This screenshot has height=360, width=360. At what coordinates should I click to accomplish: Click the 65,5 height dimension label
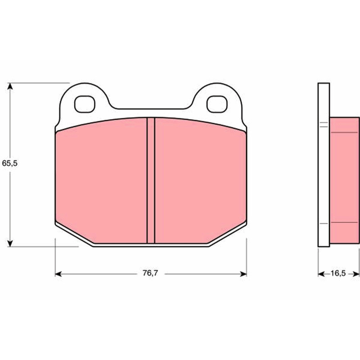click(x=9, y=163)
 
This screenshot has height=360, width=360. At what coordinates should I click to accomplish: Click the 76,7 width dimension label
click(x=150, y=273)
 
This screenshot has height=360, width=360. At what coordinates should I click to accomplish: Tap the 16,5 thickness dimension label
click(x=338, y=274)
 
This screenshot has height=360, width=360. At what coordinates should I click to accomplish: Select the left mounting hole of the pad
click(x=85, y=104)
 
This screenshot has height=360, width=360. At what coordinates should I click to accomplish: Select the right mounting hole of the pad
click(x=217, y=104)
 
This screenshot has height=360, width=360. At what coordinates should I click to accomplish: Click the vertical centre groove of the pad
click(x=151, y=180)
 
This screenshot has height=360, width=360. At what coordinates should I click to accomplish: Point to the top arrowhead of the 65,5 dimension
click(x=10, y=86)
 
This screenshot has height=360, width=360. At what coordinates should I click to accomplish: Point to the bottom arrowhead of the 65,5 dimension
click(x=10, y=243)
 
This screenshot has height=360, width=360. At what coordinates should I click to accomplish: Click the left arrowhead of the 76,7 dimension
click(x=58, y=274)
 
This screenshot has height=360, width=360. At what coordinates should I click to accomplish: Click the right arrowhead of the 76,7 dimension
click(x=243, y=274)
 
